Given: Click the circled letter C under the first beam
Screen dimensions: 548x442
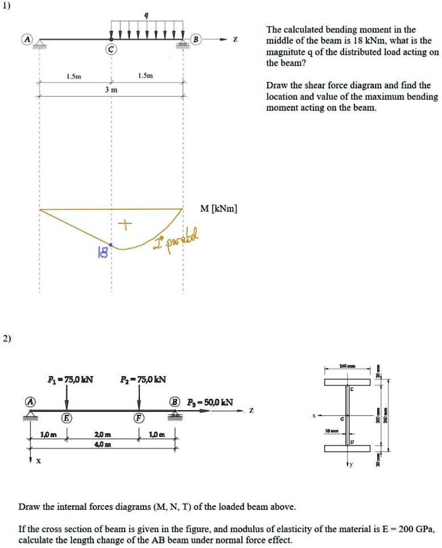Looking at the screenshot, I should (111, 50).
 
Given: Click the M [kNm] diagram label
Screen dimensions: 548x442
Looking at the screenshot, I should (220, 209).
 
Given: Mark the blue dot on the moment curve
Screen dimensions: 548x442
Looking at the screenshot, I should (111, 245).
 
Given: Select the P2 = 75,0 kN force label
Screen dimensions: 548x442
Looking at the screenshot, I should (142, 379).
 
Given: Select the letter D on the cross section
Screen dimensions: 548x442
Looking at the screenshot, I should (352, 442).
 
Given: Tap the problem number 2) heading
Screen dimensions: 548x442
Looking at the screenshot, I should (6, 339).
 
